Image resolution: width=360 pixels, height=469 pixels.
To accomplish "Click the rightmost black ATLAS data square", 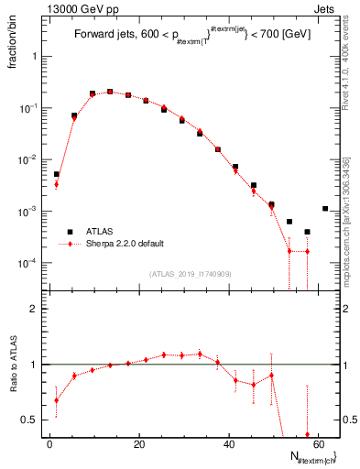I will tap(325, 209).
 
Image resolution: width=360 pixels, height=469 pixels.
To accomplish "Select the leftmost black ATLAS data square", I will tap(56, 174).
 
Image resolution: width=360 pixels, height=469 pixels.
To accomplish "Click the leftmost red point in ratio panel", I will tap(56, 400).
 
